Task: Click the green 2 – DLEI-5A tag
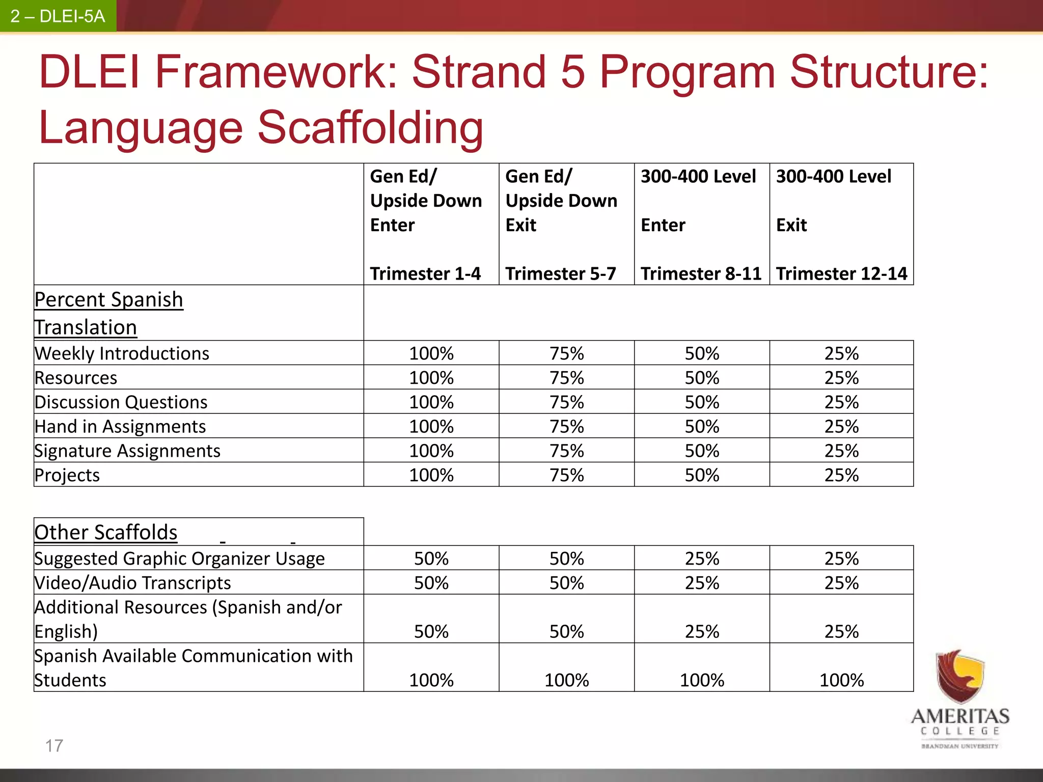click(58, 16)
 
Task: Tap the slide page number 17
click(54, 746)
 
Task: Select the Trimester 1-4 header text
click(425, 274)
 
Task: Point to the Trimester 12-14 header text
click(841, 274)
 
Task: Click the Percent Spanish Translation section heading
click(108, 313)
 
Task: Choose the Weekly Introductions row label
click(122, 353)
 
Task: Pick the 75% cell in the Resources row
click(566, 378)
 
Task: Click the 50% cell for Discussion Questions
click(702, 402)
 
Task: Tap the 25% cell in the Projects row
click(841, 475)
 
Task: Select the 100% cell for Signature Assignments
click(431, 451)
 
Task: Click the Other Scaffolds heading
click(106, 533)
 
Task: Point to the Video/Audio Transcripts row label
click(132, 583)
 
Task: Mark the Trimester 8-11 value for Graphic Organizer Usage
click(702, 558)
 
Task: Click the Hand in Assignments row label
click(120, 427)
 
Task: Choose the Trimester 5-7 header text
click(561, 274)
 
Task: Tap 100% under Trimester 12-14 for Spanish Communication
click(841, 680)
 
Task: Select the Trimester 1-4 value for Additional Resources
click(431, 632)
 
